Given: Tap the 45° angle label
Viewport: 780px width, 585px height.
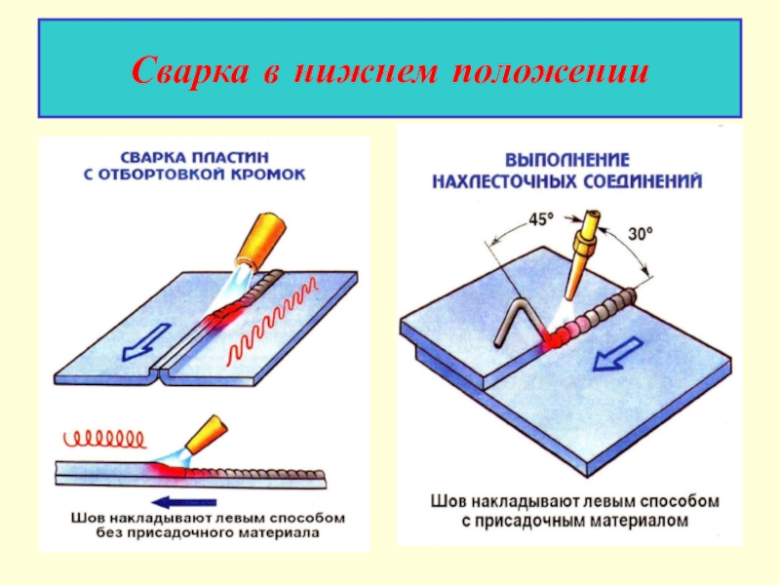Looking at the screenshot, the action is point(539,219).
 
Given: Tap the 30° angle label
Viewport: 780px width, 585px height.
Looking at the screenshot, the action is point(640,233).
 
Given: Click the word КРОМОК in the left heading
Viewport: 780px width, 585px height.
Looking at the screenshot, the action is point(275,175).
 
